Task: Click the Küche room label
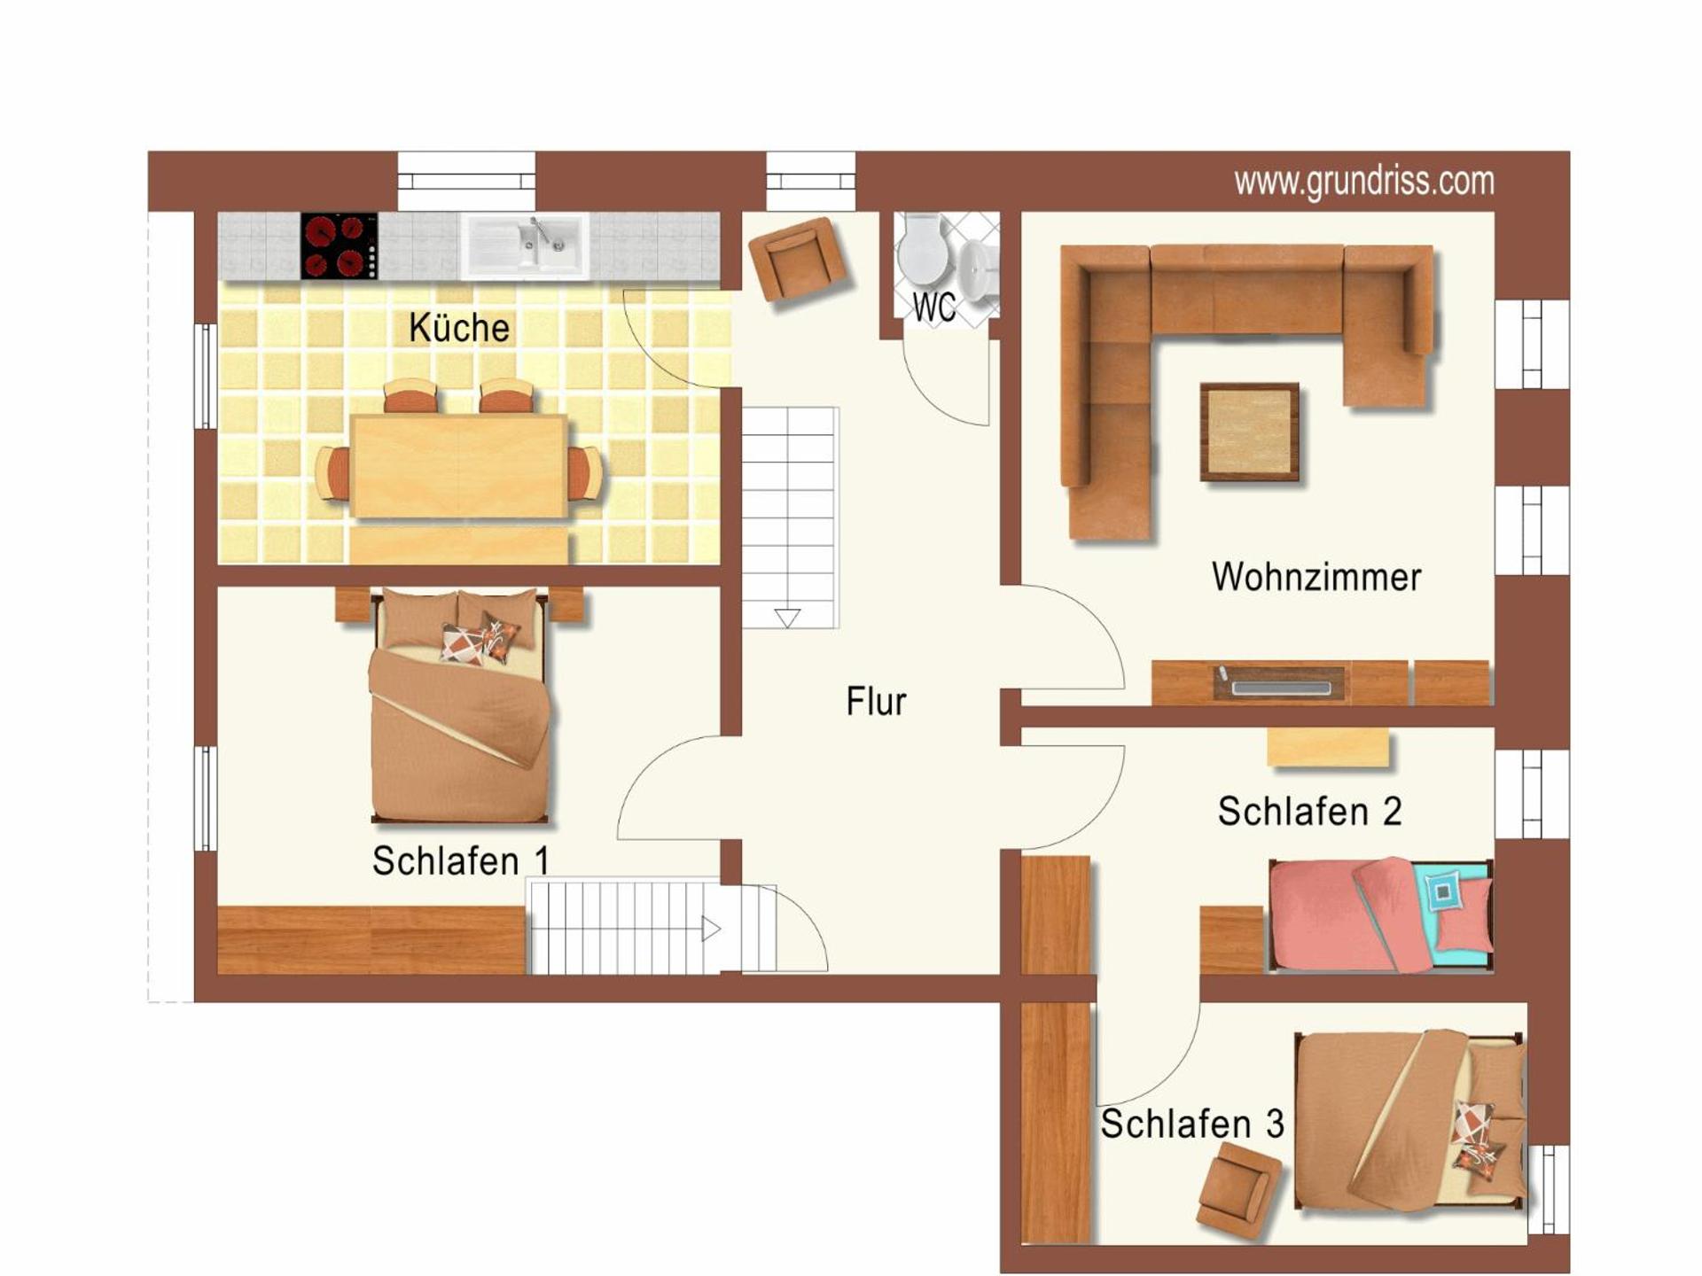coord(459,328)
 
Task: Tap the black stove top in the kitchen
coord(339,246)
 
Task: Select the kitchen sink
coord(525,245)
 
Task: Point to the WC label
coord(933,308)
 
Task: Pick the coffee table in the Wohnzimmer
coord(1249,432)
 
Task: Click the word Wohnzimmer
coord(1316,577)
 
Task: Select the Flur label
coord(876,701)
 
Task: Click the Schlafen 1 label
coord(460,860)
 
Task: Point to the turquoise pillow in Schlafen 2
coord(1444,891)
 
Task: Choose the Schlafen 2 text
coord(1309,811)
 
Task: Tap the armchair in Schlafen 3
coord(1238,1188)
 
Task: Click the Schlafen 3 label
coord(1191,1124)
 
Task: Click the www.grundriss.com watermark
coord(1363,182)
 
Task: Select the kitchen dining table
coord(458,466)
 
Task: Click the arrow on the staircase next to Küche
coord(787,618)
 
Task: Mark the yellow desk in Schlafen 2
coord(1327,747)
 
